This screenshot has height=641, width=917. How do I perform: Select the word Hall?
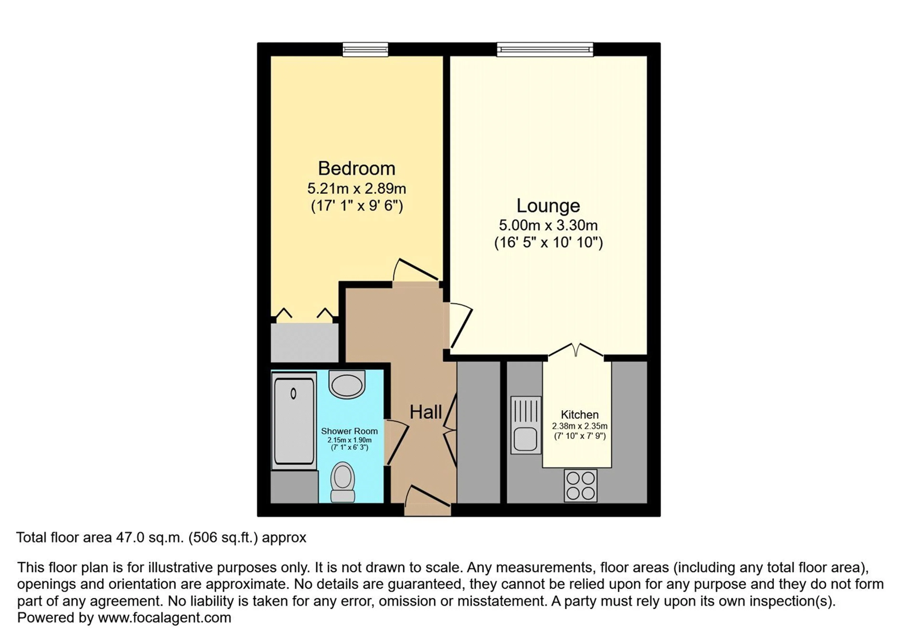pyautogui.click(x=426, y=412)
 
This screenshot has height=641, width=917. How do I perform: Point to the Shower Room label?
pyautogui.click(x=349, y=431)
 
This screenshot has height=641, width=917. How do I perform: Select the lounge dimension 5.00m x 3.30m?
pyautogui.click(x=548, y=226)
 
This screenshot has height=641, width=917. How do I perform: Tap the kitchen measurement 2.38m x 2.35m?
pyautogui.click(x=580, y=426)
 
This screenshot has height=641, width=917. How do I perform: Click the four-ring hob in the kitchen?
pyautogui.click(x=580, y=485)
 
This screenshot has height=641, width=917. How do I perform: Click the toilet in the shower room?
pyautogui.click(x=343, y=482)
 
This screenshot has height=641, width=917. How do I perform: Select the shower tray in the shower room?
pyautogui.click(x=293, y=421)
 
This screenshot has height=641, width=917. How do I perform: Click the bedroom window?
pyautogui.click(x=365, y=49)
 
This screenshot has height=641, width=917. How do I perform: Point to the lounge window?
pyautogui.click(x=545, y=49)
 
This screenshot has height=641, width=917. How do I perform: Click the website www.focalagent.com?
pyautogui.click(x=165, y=618)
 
